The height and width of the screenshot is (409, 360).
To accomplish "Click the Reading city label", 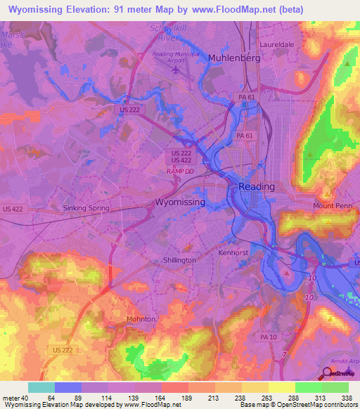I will click(x=257, y=186).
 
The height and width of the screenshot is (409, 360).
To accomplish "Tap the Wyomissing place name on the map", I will click(x=180, y=202).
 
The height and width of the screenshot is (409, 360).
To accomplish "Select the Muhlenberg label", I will click(x=234, y=58).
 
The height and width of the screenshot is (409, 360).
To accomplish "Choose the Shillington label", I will click(x=179, y=260).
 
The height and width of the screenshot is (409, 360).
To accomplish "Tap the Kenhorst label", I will click(x=234, y=251).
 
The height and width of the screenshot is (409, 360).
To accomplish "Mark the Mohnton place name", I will click(x=141, y=318).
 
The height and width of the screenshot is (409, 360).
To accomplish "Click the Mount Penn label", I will click(x=331, y=206).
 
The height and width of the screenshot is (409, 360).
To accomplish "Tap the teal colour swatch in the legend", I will click(x=41, y=387).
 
